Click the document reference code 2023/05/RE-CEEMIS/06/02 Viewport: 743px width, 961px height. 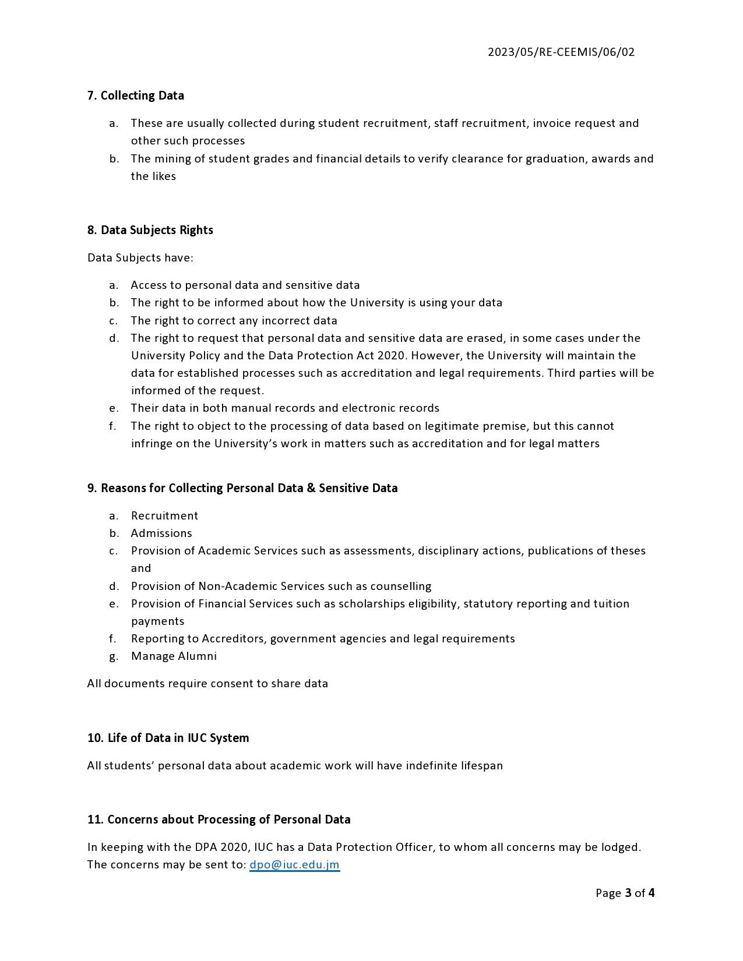point(561,52)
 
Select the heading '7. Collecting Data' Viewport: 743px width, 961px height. point(136,96)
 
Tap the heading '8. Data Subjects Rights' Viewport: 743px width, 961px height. point(150,230)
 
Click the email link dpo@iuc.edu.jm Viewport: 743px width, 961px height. point(294,865)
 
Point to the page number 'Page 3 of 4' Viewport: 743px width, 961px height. point(625,893)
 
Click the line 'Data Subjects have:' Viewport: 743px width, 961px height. point(140,257)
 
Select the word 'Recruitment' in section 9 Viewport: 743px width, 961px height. point(164,516)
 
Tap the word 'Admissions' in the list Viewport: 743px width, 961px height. point(161,534)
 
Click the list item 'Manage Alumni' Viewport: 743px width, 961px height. point(174,656)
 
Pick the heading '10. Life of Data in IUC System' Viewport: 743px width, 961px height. point(168,738)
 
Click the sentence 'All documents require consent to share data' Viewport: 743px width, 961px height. point(207,684)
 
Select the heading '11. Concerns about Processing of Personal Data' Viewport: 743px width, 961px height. point(219,819)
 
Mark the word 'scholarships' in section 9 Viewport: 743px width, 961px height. point(372,604)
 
